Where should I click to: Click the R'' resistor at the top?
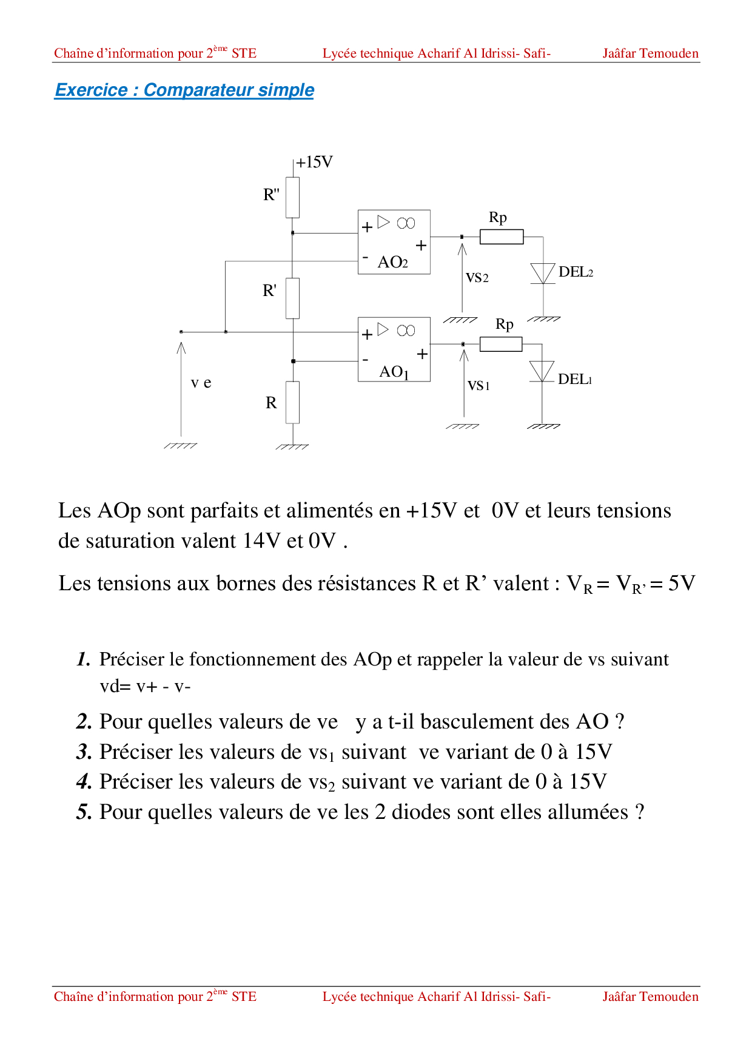pyautogui.click(x=292, y=197)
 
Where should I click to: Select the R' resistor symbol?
pyautogui.click(x=292, y=298)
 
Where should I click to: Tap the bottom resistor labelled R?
pyautogui.click(x=292, y=402)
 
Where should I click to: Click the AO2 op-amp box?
pyautogui.click(x=394, y=242)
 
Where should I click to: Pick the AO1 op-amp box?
pyautogui.click(x=394, y=349)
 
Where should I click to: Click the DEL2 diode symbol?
pyautogui.click(x=543, y=274)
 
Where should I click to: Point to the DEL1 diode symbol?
pyautogui.click(x=542, y=371)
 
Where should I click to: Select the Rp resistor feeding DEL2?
pyautogui.click(x=502, y=237)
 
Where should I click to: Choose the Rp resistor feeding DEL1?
pyautogui.click(x=501, y=344)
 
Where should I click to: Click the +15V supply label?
pyautogui.click(x=314, y=163)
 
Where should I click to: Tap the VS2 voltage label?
pyautogui.click(x=477, y=278)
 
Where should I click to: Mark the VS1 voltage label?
pyautogui.click(x=478, y=386)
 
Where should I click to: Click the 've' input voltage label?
pyautogui.click(x=201, y=383)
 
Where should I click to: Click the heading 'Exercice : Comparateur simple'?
pyautogui.click(x=184, y=90)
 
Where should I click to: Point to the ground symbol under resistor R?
pyautogui.click(x=292, y=446)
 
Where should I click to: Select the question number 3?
pyautogui.click(x=84, y=752)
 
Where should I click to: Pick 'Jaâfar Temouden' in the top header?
pyautogui.click(x=650, y=53)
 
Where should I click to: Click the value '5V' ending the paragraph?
pyautogui.click(x=682, y=584)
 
